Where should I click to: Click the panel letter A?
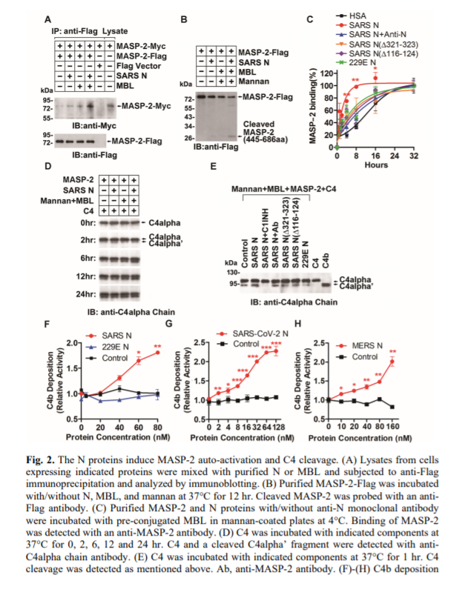click(x=49, y=18)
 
